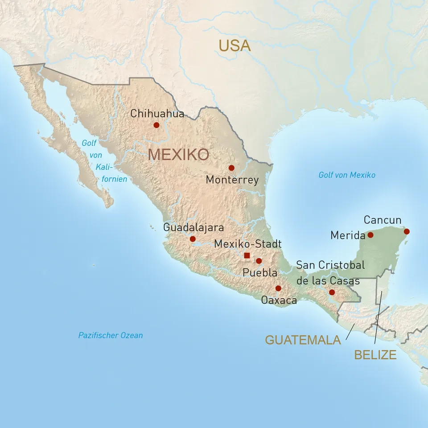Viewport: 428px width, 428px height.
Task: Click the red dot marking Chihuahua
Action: click(156, 125)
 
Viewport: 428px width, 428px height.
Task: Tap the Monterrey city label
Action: click(232, 180)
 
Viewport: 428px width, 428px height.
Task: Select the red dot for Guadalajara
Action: click(193, 239)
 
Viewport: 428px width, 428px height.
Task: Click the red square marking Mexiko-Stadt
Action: click(247, 255)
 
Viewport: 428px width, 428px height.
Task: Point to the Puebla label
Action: click(259, 272)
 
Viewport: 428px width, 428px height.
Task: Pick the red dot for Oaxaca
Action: click(278, 288)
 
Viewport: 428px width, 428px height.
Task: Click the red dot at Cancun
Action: click(407, 231)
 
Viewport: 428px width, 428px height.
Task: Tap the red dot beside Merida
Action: click(370, 235)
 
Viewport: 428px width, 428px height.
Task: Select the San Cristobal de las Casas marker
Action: click(332, 292)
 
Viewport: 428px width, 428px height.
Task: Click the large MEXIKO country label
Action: click(178, 155)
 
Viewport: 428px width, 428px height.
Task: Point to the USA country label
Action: click(235, 45)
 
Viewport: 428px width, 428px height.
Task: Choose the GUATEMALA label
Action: click(303, 340)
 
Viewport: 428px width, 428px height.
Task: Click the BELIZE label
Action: click(375, 355)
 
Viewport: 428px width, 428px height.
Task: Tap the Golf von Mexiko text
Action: click(347, 175)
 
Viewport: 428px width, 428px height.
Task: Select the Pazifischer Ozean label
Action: click(111, 335)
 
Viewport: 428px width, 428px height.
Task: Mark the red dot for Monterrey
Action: click(231, 168)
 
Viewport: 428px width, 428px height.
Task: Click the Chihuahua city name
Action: click(157, 114)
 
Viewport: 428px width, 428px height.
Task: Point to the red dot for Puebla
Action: click(259, 261)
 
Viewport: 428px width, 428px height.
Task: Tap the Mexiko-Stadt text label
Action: click(248, 244)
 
